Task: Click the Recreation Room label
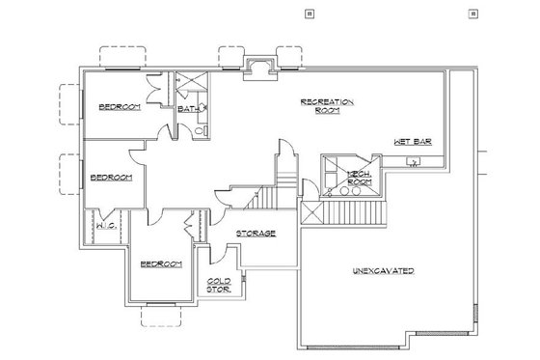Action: coord(329,105)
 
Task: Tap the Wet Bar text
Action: coord(411,141)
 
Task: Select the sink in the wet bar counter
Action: coord(415,161)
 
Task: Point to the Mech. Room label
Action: coord(359,177)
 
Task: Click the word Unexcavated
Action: coord(383,271)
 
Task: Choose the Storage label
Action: coord(256,233)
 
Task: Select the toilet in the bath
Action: coord(200,130)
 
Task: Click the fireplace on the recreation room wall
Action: coord(259,67)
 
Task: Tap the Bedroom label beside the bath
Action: coord(120,107)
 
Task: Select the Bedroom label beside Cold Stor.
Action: coord(161,263)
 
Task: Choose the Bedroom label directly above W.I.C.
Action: coord(110,178)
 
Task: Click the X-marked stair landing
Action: coord(312,212)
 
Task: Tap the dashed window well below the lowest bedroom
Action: coord(154,316)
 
